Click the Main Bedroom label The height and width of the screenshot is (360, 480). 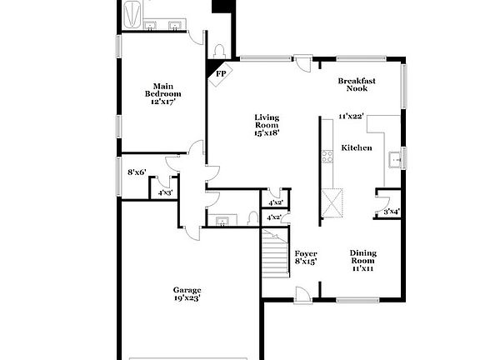click(162, 89)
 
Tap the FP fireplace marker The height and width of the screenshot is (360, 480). click(221, 73)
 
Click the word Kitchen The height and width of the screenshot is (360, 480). click(357, 147)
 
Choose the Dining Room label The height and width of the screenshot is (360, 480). click(363, 257)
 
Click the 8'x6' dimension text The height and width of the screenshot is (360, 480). click(137, 172)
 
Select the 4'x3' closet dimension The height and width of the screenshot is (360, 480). click(165, 192)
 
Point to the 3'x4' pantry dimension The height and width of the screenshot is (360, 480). click(391, 211)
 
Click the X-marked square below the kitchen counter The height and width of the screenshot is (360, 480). click(333, 202)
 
